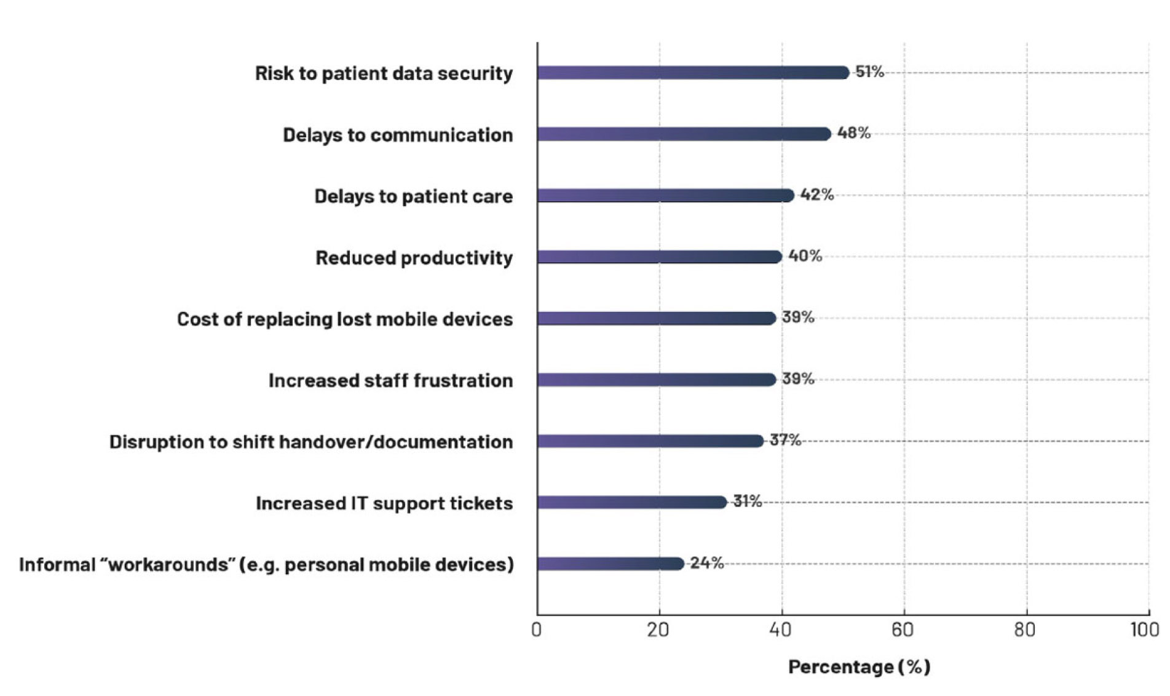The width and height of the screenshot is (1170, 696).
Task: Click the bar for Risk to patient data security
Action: (692, 73)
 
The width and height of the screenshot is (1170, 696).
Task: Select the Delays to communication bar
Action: (683, 134)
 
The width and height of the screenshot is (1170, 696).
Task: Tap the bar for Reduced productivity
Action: (658, 257)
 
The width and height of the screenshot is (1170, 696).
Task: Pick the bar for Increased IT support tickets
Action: (631, 502)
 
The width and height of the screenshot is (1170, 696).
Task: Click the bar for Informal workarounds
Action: (610, 564)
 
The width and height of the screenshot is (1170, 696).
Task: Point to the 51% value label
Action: (869, 72)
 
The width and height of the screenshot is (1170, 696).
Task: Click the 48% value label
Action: (853, 133)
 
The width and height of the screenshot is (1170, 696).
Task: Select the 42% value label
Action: (816, 194)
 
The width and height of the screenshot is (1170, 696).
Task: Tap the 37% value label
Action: (785, 440)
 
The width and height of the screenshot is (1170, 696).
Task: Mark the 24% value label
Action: (706, 563)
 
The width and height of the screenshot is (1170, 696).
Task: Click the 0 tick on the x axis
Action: (537, 630)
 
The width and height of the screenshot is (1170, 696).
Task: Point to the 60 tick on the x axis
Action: (903, 630)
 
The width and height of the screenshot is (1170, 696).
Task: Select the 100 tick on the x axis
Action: (1145, 630)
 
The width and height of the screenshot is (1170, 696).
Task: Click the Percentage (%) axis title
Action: (859, 666)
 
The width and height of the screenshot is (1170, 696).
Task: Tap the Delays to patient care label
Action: (413, 196)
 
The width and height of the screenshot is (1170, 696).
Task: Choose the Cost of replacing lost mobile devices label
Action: (344, 319)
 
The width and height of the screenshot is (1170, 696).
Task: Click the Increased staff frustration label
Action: (390, 381)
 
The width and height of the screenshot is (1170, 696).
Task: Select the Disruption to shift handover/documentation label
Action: (310, 442)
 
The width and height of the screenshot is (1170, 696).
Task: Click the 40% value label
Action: (805, 256)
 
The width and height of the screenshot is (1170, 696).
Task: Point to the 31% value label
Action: (747, 502)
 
